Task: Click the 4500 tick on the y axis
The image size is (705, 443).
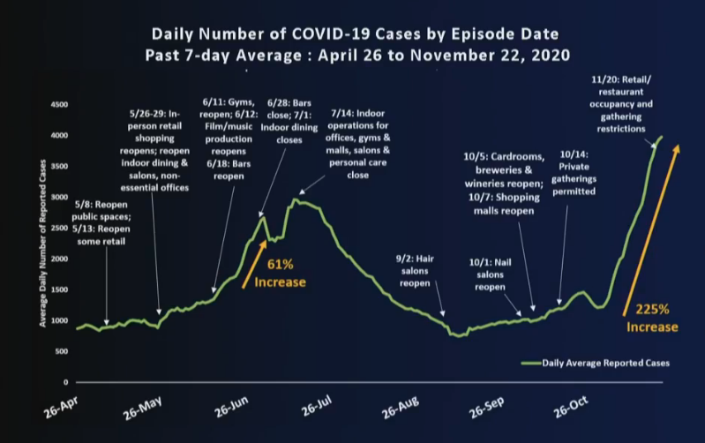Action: (x=58, y=104)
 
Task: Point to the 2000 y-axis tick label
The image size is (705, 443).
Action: (x=58, y=259)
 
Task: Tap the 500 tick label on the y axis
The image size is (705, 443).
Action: (x=61, y=351)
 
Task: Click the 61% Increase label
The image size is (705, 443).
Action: (x=280, y=274)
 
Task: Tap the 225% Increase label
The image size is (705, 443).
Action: (x=651, y=318)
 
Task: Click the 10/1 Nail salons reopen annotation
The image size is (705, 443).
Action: (x=492, y=275)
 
